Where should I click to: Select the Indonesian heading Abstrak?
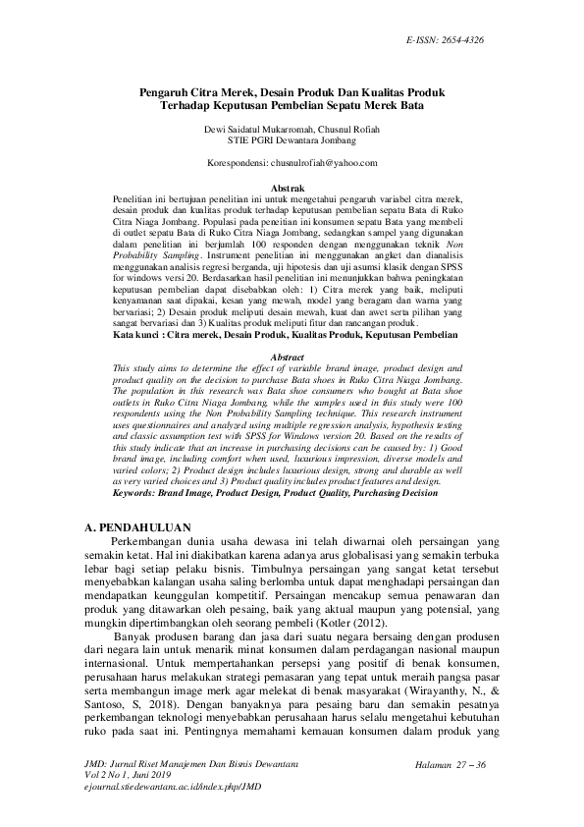[x=292, y=187]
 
